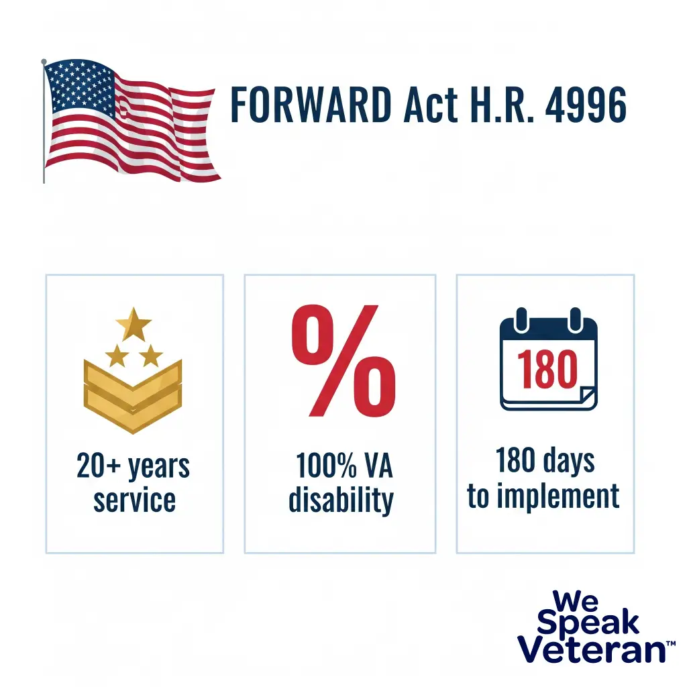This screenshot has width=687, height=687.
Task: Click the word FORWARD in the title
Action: point(311,105)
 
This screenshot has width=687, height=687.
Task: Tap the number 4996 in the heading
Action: point(586,105)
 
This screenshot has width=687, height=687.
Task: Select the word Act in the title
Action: point(431,105)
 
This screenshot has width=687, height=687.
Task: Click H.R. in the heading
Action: point(502,105)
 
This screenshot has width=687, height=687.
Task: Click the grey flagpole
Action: point(44,121)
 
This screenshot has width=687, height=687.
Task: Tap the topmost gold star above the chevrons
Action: point(134,324)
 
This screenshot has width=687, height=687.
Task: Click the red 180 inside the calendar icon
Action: point(547,368)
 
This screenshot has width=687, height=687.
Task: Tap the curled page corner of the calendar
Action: point(587,396)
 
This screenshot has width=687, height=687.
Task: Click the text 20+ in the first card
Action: point(99,466)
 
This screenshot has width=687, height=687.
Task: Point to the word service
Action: point(134,500)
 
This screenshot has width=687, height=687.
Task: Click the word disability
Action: point(341,500)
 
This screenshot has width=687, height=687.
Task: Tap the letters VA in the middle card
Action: point(378,466)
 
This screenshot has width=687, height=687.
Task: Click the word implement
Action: point(558,496)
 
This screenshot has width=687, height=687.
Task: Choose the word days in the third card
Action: point(570,462)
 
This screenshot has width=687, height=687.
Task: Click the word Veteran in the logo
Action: point(592,649)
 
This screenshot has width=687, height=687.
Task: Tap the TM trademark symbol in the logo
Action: point(671,643)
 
